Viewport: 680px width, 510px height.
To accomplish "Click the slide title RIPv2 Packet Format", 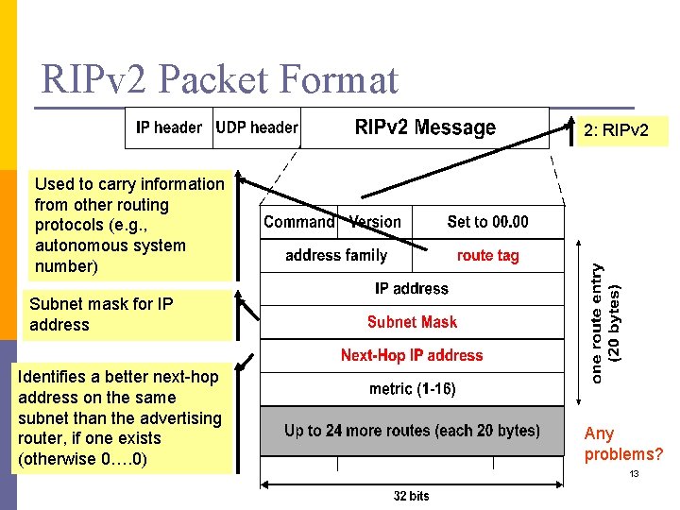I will pyautogui.click(x=220, y=80).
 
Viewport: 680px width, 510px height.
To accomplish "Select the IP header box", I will pyautogui.click(x=169, y=127).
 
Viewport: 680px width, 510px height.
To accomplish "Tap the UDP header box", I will pyautogui.click(x=257, y=127).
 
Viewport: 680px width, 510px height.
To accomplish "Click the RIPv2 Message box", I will pyautogui.click(x=425, y=127).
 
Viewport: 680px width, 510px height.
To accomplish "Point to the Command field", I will pyautogui.click(x=298, y=222).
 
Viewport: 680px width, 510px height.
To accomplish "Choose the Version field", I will pyautogui.click(x=375, y=222).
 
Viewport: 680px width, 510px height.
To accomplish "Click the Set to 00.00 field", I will pyautogui.click(x=487, y=222).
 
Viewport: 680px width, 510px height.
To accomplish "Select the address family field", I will pyautogui.click(x=336, y=255).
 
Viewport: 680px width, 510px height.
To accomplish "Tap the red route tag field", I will pyautogui.click(x=487, y=255).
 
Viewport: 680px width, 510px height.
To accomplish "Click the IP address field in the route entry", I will pyautogui.click(x=412, y=289).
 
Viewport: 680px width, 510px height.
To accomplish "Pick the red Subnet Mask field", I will pyautogui.click(x=412, y=322).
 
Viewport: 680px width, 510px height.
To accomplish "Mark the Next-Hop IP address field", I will pyautogui.click(x=412, y=355).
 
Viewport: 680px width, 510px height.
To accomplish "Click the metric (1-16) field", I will pyautogui.click(x=412, y=388).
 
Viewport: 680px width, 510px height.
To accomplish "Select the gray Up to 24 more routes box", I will pyautogui.click(x=412, y=431).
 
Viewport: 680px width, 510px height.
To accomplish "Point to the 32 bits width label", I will pyautogui.click(x=412, y=495).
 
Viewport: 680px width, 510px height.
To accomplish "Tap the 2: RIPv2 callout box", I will pyautogui.click(x=616, y=129).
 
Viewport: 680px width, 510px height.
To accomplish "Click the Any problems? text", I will pyautogui.click(x=623, y=444).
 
